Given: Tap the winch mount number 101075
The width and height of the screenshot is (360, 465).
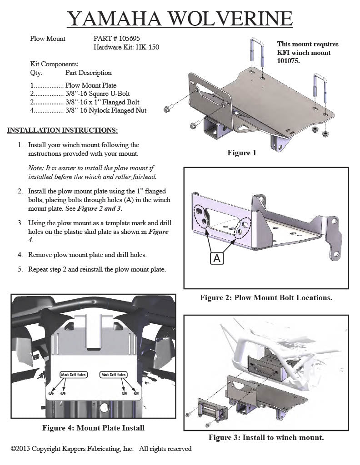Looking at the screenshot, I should tap(288, 61).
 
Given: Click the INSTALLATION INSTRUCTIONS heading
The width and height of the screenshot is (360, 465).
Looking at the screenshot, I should tap(63, 130).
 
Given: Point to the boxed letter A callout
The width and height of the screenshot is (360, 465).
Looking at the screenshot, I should tap(217, 258).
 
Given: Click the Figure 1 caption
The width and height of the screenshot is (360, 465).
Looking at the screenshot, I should tap(242, 153).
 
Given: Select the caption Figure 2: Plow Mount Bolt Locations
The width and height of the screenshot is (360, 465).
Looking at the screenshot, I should tap(266, 298).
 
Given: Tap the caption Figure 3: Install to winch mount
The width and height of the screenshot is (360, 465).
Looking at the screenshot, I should tap(266, 438).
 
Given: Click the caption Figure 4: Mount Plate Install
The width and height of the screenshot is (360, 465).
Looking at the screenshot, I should tap(93, 428).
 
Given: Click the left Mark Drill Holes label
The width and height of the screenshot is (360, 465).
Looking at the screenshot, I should tap(74, 375).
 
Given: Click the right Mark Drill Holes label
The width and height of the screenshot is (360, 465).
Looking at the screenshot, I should tap(114, 375).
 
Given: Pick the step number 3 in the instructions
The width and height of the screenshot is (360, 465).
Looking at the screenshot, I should tap(20, 223).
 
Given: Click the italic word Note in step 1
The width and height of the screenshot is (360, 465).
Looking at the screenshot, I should tap(35, 168).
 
